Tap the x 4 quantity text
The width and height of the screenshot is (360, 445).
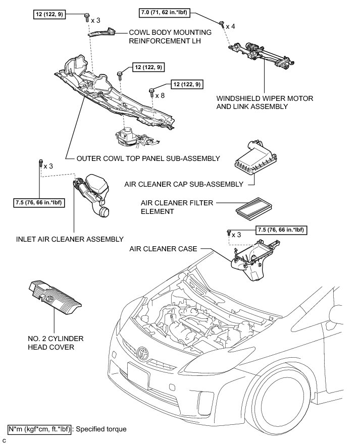point(231,25)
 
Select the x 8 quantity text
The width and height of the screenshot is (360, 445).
point(161,95)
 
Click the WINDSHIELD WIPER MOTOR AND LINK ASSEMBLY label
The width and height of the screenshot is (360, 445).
point(252,103)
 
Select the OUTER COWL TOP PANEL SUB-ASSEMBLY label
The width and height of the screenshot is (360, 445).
point(148,158)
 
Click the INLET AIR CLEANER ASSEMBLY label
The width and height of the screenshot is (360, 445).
point(70,239)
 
